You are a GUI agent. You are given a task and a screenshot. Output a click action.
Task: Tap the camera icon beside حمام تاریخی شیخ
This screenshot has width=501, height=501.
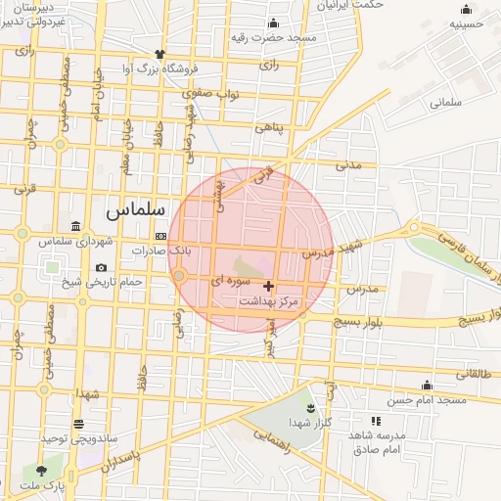101,268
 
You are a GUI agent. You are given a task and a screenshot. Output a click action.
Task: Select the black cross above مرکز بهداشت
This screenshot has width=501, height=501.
269,287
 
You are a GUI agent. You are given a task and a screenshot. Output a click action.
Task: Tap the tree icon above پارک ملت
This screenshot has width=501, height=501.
40,472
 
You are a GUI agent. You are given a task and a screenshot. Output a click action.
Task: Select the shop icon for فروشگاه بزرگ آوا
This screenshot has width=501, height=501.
159,55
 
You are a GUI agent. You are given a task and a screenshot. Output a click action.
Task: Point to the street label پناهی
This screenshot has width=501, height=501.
268,127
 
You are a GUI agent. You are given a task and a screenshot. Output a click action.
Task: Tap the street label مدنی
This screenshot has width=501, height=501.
348,164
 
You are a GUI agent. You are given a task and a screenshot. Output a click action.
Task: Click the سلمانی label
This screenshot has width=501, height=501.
444,101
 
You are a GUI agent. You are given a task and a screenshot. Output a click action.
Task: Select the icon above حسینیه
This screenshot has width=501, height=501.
466,11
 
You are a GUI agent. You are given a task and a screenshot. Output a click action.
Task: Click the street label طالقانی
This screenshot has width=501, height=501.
477,373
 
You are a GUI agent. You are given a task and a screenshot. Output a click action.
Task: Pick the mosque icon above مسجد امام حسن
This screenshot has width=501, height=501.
427,386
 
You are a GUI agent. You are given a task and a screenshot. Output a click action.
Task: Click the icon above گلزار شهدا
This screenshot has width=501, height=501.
310,407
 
